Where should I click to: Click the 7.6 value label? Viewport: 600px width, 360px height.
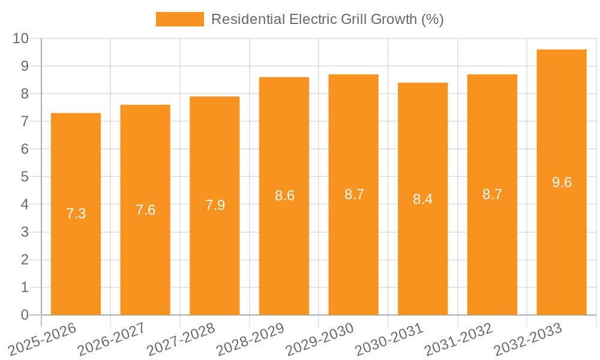point(145,210)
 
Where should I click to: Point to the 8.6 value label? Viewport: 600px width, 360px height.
point(284,196)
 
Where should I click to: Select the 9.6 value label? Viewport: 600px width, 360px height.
point(562,182)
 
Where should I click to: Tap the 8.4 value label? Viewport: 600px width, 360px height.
point(422,199)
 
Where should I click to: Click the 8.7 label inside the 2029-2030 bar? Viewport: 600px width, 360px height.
point(354,194)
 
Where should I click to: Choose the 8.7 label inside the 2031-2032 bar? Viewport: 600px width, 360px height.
point(492,194)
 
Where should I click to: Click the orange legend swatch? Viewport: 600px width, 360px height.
point(179,19)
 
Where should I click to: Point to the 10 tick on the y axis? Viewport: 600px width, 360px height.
point(21,38)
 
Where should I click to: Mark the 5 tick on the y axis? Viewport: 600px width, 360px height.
point(25,177)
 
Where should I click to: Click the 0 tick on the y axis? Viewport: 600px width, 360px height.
point(25,315)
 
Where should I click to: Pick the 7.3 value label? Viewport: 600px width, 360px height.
point(76,214)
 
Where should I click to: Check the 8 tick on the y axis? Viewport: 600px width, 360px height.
point(25,94)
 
